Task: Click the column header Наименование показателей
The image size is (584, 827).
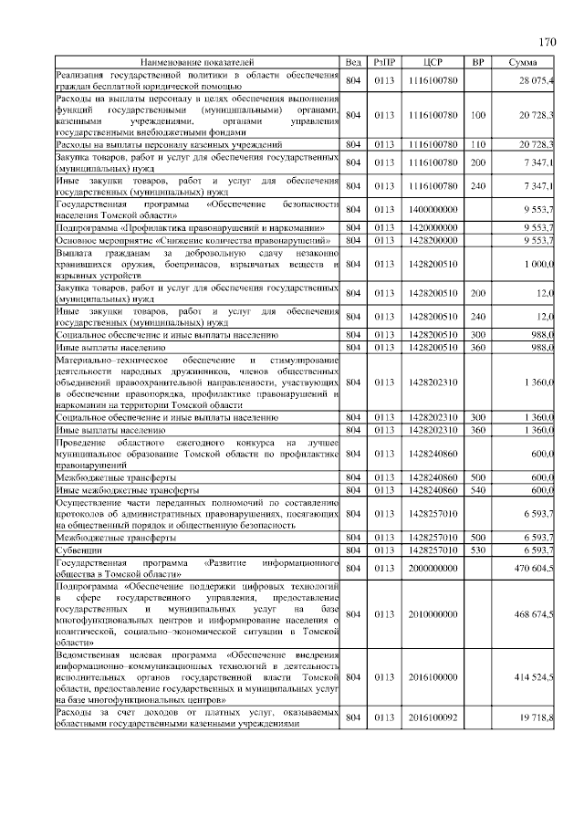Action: pyautogui.click(x=197, y=61)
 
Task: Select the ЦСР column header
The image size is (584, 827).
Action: pyautogui.click(x=433, y=61)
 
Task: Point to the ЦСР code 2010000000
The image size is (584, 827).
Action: pyautogui.click(x=433, y=614)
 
